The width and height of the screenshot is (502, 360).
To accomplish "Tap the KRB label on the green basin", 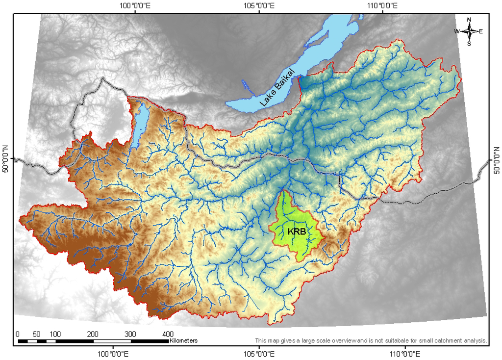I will coord(297,231).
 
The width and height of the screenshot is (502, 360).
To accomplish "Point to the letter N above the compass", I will coord(469,20).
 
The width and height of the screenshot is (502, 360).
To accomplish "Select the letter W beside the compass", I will coord(457,31).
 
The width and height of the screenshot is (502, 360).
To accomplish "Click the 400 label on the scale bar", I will coord(168,334).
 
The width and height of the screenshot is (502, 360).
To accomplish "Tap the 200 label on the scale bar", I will coord(93,334).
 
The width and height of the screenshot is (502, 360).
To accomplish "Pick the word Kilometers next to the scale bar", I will coord(183,340).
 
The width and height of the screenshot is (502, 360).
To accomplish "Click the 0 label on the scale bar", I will coord(18,334).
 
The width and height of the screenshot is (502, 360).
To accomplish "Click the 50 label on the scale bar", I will coord(36,334).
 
